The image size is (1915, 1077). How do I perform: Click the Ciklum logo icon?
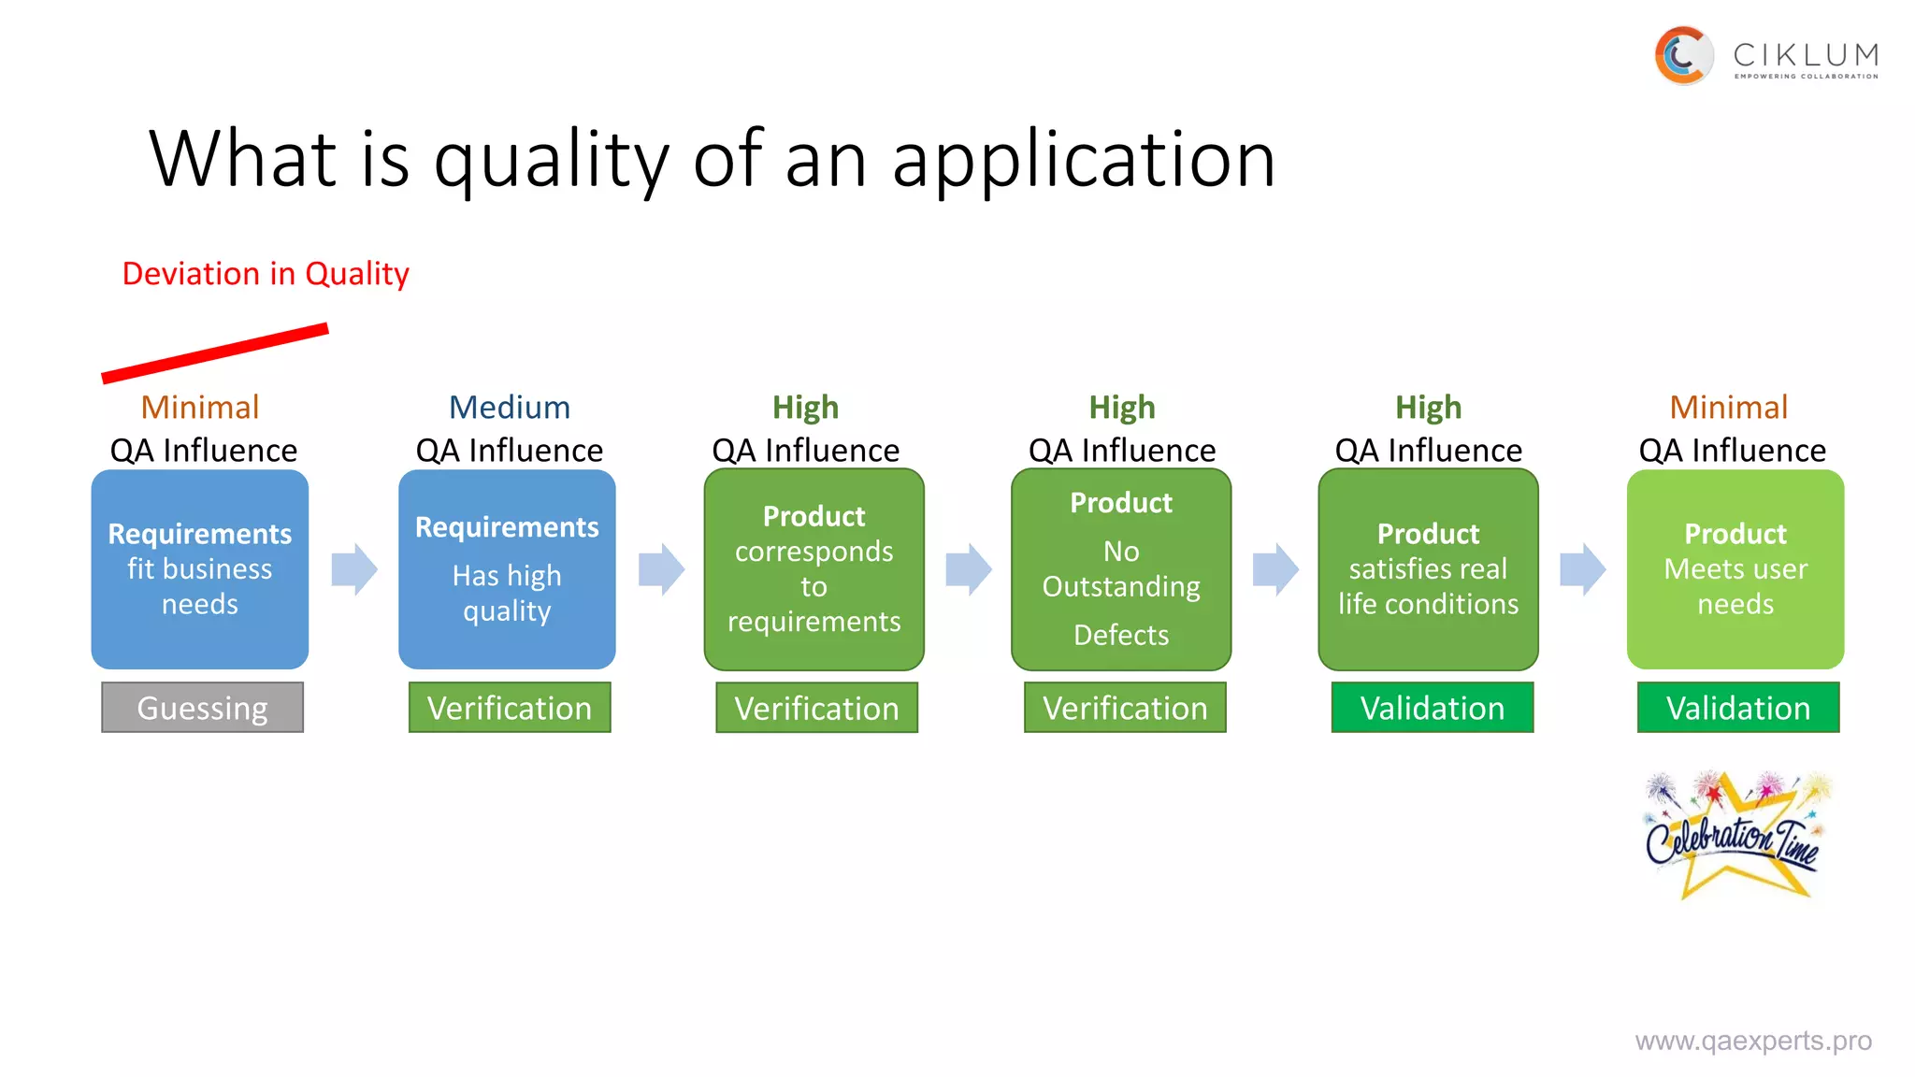1683,55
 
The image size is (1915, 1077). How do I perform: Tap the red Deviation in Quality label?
266,274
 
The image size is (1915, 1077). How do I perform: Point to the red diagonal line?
215,352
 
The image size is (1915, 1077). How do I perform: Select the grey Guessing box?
202,708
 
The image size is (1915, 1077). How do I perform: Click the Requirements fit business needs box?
199,569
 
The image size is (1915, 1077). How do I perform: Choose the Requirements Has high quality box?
507,569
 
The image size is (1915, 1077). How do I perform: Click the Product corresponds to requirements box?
814,569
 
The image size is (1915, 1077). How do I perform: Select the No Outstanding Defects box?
1120,569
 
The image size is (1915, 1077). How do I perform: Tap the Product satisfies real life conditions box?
1428,569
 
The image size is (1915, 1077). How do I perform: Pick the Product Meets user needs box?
1735,569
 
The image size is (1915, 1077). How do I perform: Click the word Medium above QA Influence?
509,408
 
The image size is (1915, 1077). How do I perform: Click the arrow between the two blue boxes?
354,569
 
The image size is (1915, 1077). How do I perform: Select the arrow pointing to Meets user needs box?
1582,569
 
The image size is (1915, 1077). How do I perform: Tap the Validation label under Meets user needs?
1737,708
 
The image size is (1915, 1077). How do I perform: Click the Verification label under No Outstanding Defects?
1125,708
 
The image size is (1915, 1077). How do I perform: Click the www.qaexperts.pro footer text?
1752,1041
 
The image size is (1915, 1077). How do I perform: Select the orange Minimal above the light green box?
1728,408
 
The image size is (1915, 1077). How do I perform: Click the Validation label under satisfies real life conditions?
1432,708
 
